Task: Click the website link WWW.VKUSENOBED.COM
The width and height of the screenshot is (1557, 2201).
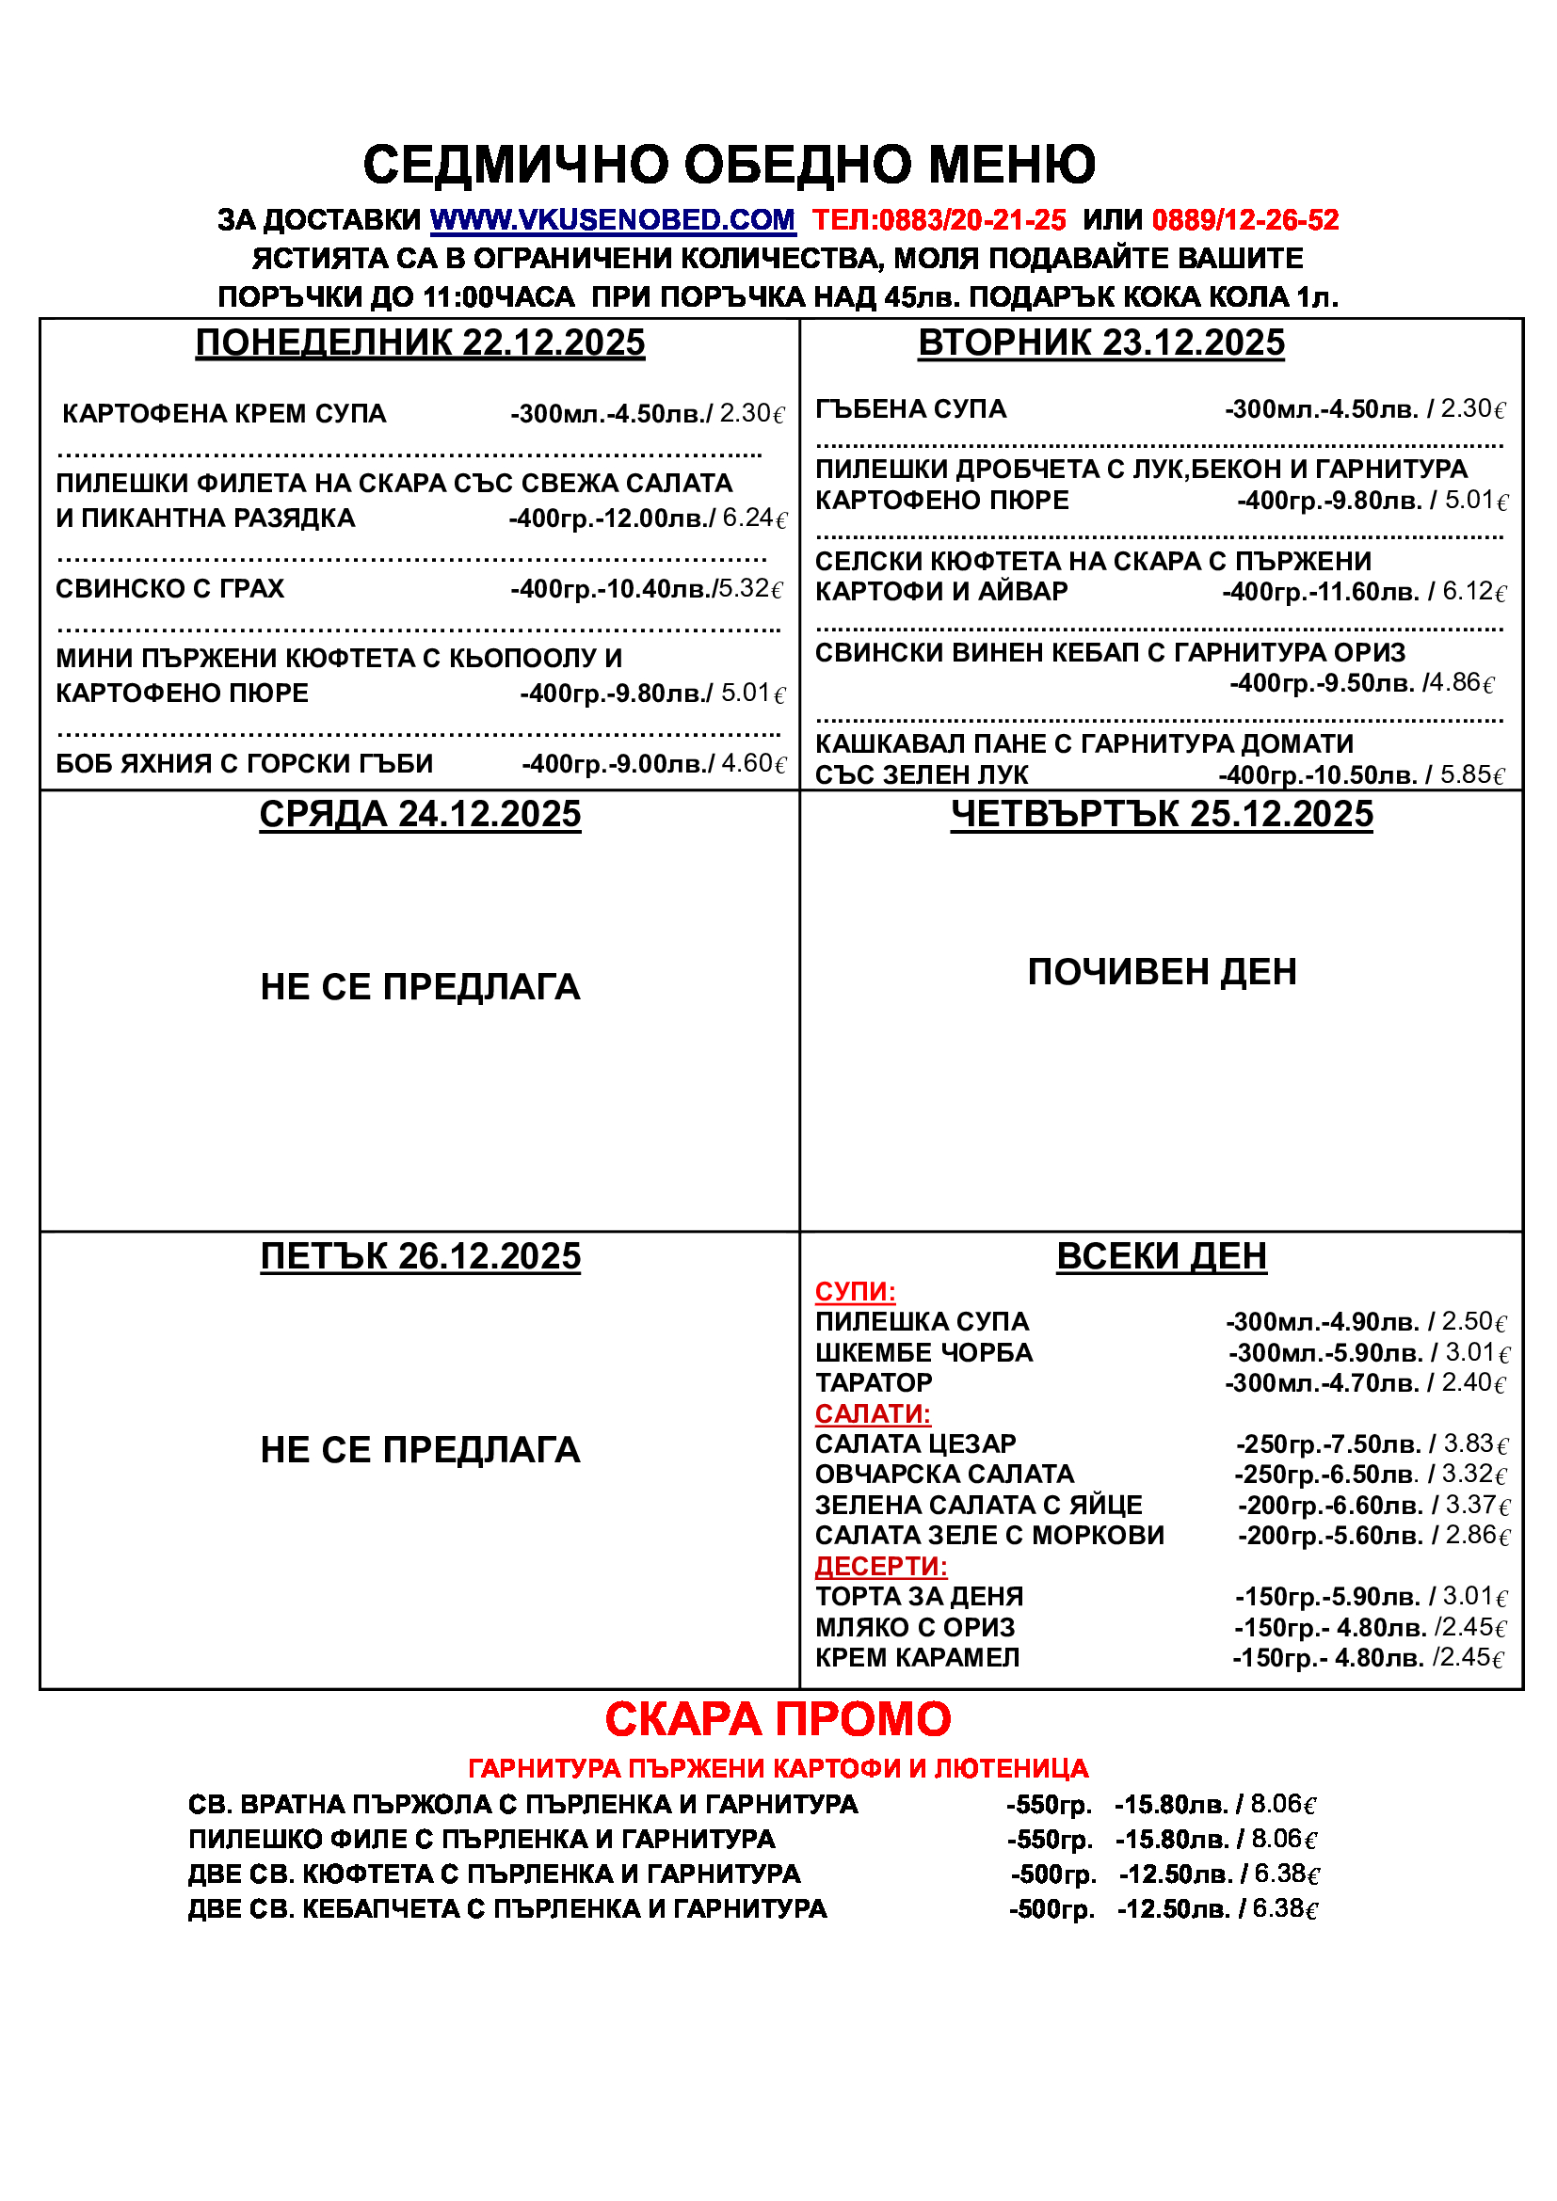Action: click(x=612, y=220)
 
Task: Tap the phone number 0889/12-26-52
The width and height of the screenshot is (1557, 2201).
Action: click(x=1244, y=220)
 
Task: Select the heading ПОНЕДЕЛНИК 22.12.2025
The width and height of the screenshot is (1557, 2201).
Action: click(x=420, y=343)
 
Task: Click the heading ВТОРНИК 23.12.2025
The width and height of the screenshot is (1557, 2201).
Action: click(x=1100, y=343)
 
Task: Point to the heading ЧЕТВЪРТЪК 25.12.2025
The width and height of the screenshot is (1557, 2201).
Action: click(x=1161, y=814)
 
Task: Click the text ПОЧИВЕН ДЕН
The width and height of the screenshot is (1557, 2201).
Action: click(x=1161, y=972)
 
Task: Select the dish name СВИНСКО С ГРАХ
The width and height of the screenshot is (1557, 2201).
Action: click(x=169, y=588)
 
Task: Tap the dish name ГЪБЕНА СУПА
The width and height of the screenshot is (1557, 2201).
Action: click(x=910, y=409)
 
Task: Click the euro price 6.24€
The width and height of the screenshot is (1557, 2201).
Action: click(x=755, y=518)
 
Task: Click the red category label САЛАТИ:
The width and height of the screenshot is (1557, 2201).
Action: click(x=873, y=1414)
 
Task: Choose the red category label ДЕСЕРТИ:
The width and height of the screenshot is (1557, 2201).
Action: click(x=880, y=1567)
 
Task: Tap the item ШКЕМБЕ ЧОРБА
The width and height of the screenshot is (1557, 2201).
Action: click(x=923, y=1352)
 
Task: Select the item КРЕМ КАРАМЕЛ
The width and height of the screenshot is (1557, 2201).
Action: click(x=917, y=1657)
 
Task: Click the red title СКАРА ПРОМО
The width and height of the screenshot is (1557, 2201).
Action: click(x=778, y=1719)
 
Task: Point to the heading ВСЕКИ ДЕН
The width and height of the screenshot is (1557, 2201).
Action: click(x=1161, y=1256)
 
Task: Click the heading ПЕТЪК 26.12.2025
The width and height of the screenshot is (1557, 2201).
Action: click(x=420, y=1256)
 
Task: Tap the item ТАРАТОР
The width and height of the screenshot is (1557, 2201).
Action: click(x=873, y=1383)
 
